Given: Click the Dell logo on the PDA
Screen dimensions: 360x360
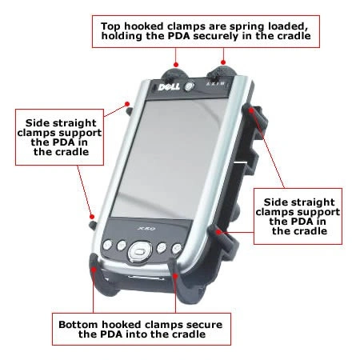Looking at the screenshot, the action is (x=169, y=87).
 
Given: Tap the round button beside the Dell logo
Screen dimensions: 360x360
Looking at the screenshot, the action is (x=189, y=86).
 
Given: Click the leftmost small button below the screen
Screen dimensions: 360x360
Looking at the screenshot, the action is (x=107, y=245).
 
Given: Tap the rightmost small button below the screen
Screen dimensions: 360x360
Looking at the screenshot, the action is (x=177, y=249).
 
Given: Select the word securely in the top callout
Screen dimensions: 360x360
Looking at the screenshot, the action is (x=215, y=36).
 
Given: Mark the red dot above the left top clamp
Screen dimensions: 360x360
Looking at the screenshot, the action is (x=176, y=65).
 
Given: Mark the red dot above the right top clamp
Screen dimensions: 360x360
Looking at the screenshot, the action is (x=223, y=62).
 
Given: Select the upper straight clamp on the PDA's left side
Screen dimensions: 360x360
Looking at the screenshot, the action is (x=130, y=110).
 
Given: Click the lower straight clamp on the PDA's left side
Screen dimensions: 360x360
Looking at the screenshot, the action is (x=93, y=225).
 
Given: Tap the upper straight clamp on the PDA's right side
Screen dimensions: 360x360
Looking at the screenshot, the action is (x=254, y=118).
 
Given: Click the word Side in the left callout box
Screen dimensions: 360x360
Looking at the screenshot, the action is (x=37, y=123).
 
